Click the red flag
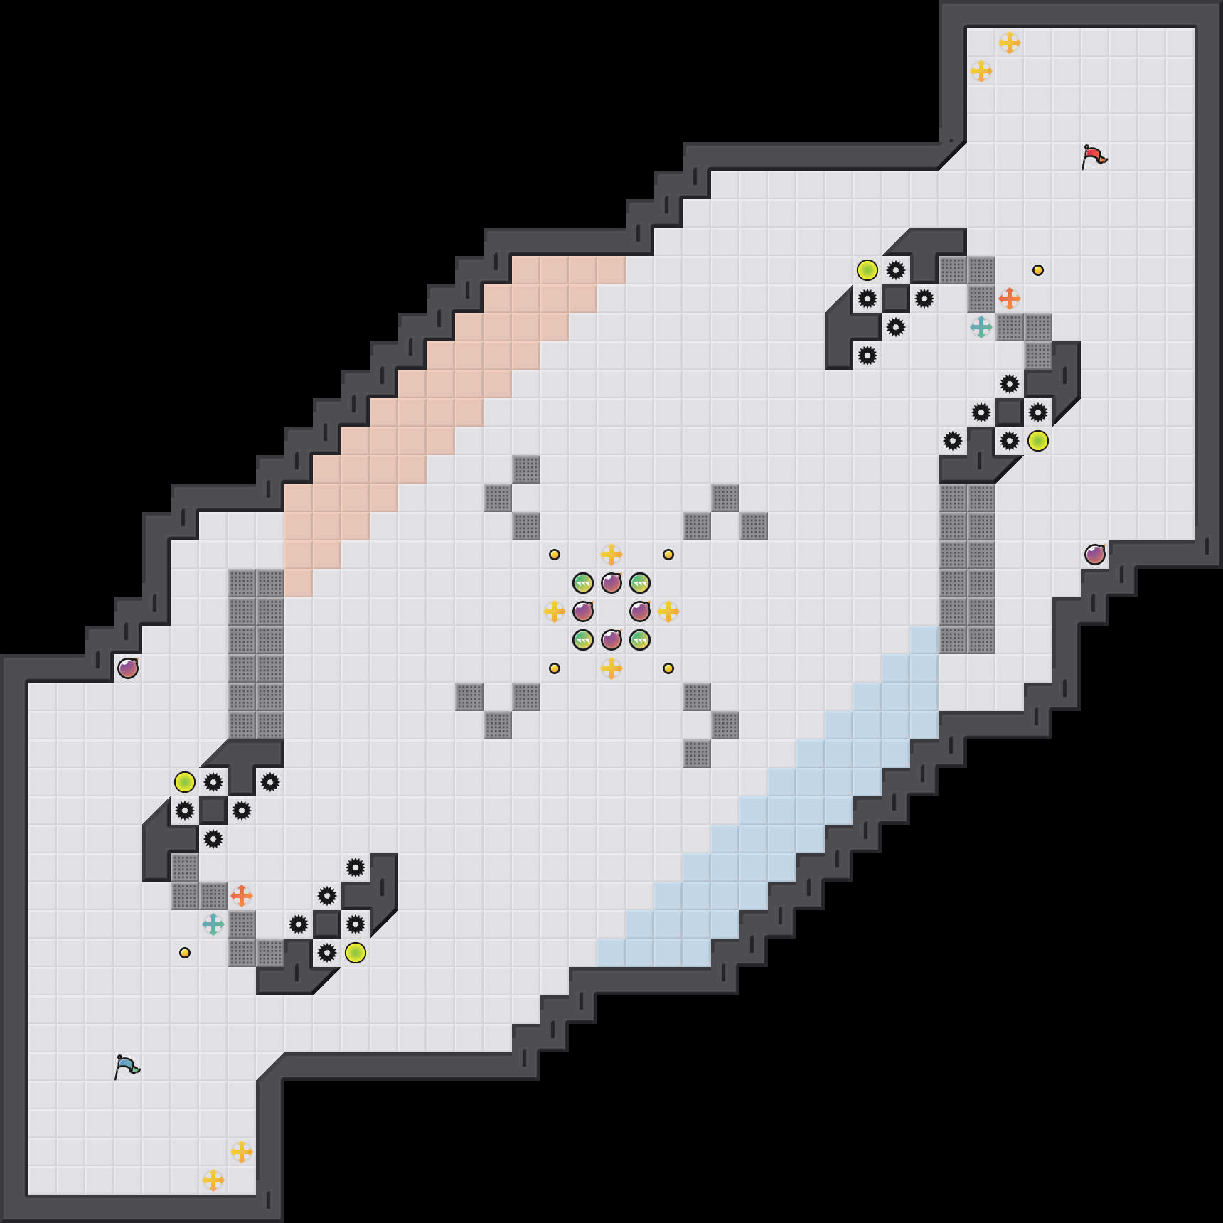coord(1094,156)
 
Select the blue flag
coord(127,1067)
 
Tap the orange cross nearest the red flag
coord(1010,299)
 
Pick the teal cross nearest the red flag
coord(981,327)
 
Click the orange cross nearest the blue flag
coord(242,896)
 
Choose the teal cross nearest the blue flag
coord(213,924)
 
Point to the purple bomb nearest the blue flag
coord(128,668)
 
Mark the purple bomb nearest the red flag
coord(1095,555)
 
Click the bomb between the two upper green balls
coord(611,583)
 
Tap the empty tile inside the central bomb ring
coord(611,611)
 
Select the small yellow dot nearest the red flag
coord(1038,270)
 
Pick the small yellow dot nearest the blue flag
coord(185,953)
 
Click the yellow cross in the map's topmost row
coord(1010,43)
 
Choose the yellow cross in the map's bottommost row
coord(213,1180)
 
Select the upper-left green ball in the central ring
coord(583,583)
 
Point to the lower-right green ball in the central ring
coord(640,640)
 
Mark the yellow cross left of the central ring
coord(555,611)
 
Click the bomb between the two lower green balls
coord(611,640)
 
